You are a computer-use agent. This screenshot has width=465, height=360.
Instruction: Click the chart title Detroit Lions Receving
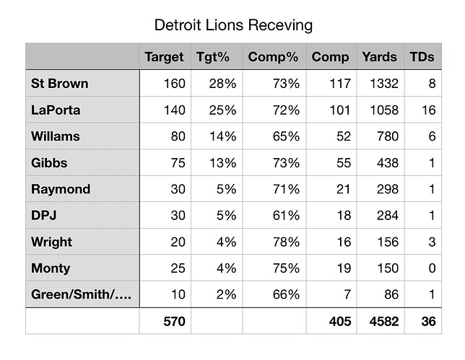tap(234, 26)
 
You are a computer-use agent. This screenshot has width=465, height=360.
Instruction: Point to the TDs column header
tap(422, 57)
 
